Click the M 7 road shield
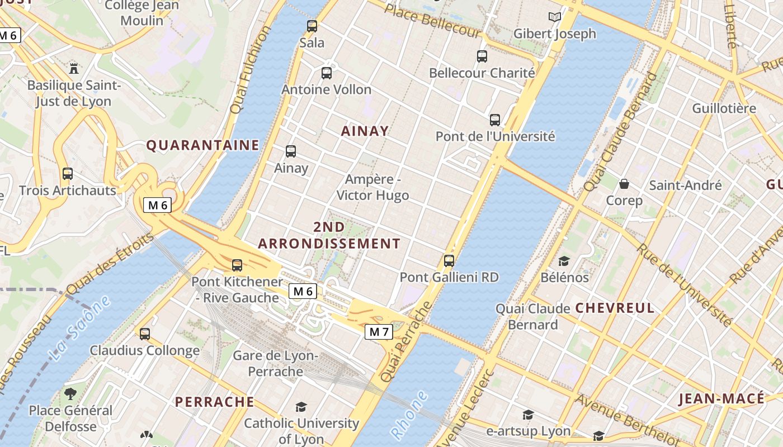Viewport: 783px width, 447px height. [379, 332]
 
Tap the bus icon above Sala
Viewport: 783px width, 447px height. [312, 26]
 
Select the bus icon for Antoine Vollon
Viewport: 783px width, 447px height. [327, 73]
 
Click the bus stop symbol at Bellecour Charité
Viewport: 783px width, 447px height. [482, 56]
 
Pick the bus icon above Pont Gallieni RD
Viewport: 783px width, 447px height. [449, 260]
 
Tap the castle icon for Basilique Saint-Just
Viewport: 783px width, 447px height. [73, 69]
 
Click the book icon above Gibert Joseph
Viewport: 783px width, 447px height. [555, 17]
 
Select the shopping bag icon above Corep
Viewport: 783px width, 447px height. [624, 184]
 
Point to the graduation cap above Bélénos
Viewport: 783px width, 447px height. [564, 261]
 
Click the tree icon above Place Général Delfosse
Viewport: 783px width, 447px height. [70, 393]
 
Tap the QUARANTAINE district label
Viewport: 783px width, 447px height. [202, 145]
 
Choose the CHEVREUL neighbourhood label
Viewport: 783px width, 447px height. [615, 308]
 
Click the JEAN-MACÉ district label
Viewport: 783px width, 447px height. [721, 398]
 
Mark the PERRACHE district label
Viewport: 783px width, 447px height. [214, 402]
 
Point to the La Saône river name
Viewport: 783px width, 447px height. [79, 328]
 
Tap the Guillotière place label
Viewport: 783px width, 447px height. [724, 108]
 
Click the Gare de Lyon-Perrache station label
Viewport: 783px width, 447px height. [275, 363]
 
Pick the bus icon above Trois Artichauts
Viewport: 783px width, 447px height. [68, 173]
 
